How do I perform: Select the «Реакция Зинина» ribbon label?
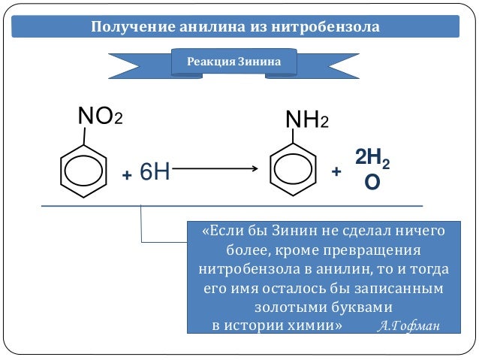[233, 62]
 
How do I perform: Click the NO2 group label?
[100, 116]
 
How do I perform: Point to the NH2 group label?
[306, 119]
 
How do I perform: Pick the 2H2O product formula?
[372, 169]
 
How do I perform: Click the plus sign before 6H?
[127, 175]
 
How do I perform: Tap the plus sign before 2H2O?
[336, 172]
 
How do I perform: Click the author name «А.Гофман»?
[409, 325]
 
